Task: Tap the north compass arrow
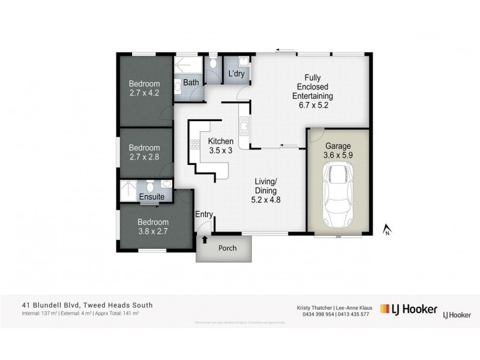click(387, 228)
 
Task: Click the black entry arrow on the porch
click(205, 239)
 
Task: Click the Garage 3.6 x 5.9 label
click(337, 151)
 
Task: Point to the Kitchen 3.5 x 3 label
click(220, 146)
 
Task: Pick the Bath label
click(191, 82)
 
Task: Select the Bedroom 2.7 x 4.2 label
click(145, 88)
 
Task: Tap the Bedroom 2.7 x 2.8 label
click(145, 152)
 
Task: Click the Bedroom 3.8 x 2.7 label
click(145, 223)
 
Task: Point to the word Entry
click(204, 214)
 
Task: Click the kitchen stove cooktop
click(194, 144)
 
